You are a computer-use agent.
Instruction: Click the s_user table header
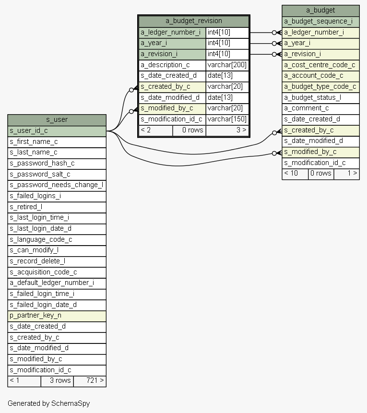(x=57, y=120)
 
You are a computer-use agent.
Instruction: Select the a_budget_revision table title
(x=194, y=21)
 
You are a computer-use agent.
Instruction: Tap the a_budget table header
(x=320, y=11)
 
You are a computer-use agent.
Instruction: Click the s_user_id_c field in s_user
(x=57, y=131)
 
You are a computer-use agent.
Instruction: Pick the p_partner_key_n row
(x=57, y=316)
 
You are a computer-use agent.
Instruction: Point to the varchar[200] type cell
(x=227, y=65)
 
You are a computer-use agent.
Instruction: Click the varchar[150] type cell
(x=227, y=119)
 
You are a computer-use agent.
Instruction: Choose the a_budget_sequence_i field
(x=320, y=22)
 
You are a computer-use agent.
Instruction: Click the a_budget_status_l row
(x=320, y=98)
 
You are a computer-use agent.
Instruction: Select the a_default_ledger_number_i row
(x=57, y=283)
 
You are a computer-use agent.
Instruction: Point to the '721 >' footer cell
(x=90, y=381)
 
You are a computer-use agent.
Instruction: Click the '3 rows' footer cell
(x=57, y=381)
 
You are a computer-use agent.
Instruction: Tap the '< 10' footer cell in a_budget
(x=295, y=174)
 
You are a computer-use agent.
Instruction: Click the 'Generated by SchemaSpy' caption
(x=49, y=403)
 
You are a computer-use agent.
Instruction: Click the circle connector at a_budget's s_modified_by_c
(x=274, y=153)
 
